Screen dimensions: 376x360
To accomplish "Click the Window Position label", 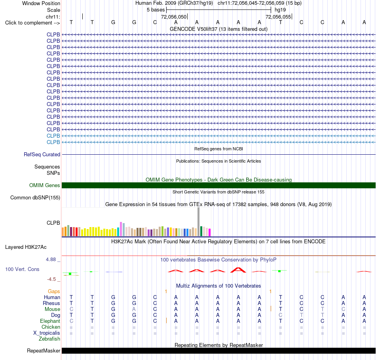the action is (x=41, y=3).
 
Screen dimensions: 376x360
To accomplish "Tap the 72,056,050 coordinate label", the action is (x=174, y=17).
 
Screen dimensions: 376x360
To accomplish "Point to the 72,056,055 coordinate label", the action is (x=278, y=17).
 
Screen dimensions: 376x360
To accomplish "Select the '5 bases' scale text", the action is (x=156, y=10).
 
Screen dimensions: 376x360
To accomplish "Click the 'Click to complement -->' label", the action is (x=32, y=23).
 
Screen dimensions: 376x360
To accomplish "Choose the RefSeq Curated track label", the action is (x=42, y=155).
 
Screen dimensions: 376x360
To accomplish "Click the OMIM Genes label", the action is (x=45, y=185).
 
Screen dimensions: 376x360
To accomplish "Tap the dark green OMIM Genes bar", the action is (x=218, y=185).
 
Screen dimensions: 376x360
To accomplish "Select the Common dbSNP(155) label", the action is (x=35, y=198).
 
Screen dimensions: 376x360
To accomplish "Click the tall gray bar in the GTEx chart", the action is (x=199, y=222).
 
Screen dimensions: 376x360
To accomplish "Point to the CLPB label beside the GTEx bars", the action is (x=53, y=223).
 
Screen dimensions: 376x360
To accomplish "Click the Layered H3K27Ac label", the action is (x=26, y=247).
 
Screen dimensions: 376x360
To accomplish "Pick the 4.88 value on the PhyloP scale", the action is (x=51, y=260).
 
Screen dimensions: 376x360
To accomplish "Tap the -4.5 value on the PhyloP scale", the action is (x=51, y=279).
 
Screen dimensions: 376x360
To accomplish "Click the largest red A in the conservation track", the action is (x=238, y=270).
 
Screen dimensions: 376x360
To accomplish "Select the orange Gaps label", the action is (x=54, y=292).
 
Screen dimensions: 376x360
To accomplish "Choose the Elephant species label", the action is (x=50, y=321).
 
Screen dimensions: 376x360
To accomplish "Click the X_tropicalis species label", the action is (x=47, y=333).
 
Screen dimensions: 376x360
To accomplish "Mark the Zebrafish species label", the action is (x=49, y=339).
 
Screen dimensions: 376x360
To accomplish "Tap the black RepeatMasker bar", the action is (x=218, y=351).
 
